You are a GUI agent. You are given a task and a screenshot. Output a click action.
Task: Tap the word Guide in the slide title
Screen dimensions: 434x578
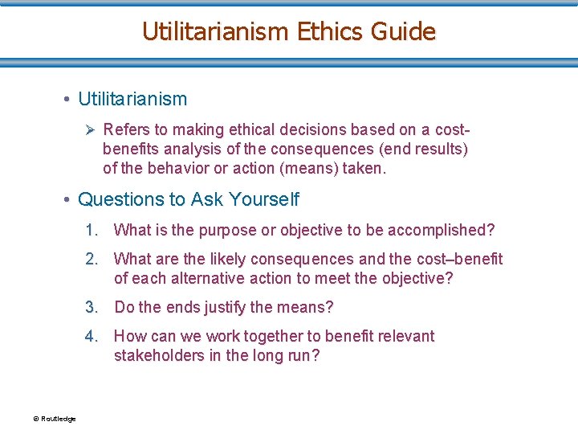click(x=404, y=31)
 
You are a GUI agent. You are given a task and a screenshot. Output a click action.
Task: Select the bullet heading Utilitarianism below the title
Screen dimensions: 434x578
click(x=132, y=100)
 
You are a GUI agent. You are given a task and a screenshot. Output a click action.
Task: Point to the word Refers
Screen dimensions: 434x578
click(x=124, y=130)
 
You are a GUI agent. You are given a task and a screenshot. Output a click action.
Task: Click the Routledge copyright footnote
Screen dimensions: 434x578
click(x=55, y=419)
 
